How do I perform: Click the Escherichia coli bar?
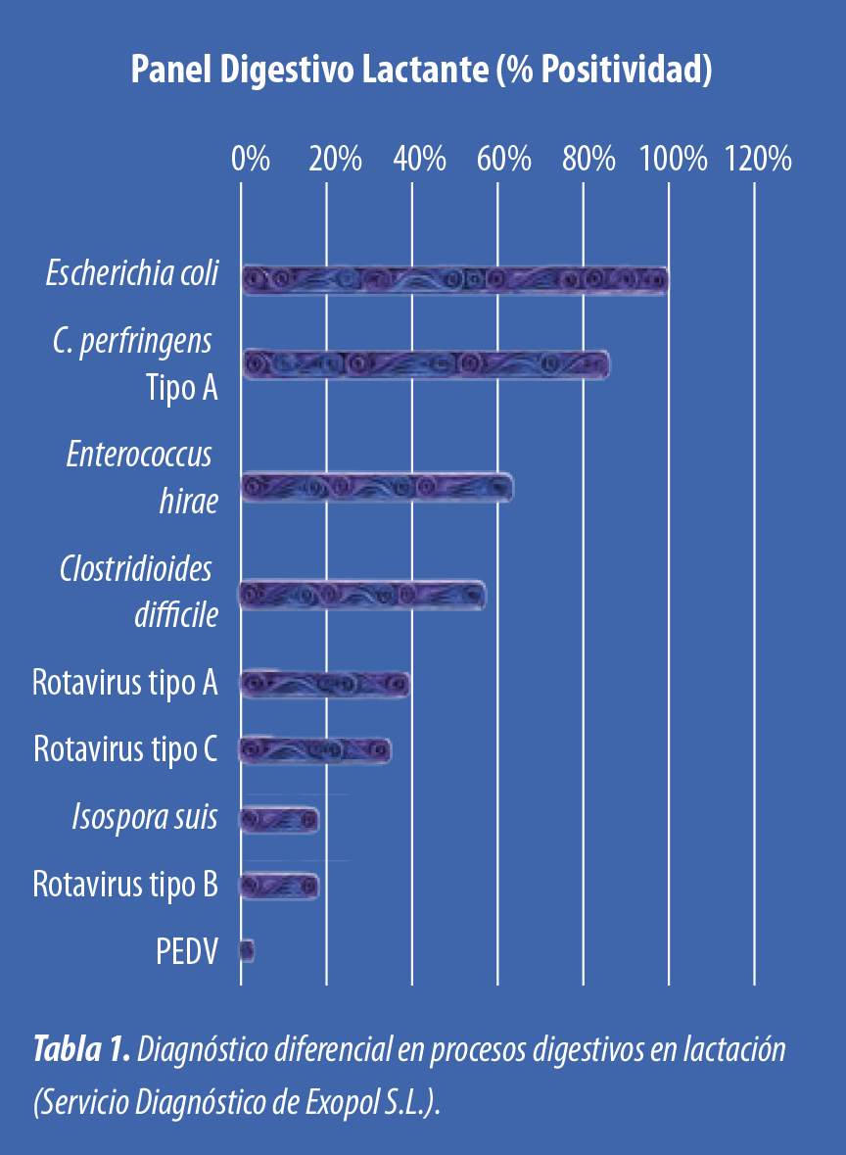[455, 280]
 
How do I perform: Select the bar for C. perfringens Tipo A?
[426, 364]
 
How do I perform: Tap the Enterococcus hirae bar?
[377, 488]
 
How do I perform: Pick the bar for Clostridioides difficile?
[363, 596]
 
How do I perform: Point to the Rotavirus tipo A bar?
[325, 685]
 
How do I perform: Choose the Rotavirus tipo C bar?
[315, 750]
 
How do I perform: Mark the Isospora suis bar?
[280, 820]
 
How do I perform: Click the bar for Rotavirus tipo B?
[280, 887]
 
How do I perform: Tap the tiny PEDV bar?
[248, 951]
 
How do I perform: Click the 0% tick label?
[251, 159]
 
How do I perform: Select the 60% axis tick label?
[503, 159]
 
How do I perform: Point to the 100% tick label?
[673, 159]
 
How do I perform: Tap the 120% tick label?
[759, 159]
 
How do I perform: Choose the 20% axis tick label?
[335, 159]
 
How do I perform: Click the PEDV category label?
[187, 951]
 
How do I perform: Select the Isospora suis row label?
[145, 818]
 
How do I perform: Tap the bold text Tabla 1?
[81, 1048]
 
